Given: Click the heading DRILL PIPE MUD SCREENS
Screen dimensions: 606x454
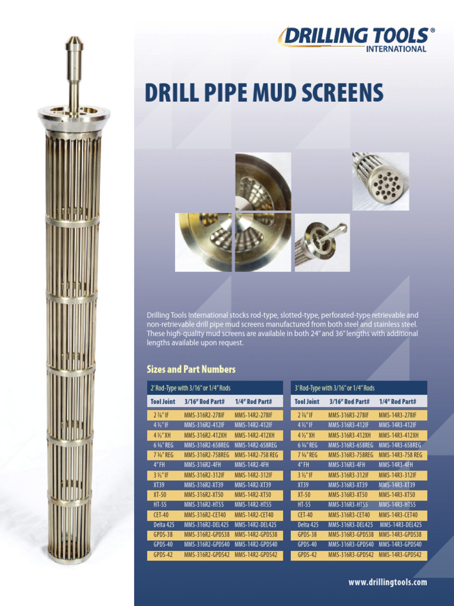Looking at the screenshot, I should pyautogui.click(x=264, y=93).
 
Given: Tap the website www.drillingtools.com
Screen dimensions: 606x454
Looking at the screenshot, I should pyautogui.click(x=388, y=582).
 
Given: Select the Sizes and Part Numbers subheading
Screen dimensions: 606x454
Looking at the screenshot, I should pyautogui.click(x=191, y=369).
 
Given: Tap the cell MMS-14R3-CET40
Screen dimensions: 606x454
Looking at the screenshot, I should pyautogui.click(x=400, y=515).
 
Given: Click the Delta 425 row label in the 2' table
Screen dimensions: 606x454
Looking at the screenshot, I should pyautogui.click(x=164, y=525).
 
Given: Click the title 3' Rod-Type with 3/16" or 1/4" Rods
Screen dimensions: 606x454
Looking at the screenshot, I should pyautogui.click(x=335, y=388).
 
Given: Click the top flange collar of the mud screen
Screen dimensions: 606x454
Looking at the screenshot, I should pyautogui.click(x=73, y=115).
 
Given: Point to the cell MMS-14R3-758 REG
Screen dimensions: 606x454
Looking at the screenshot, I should pyautogui.click(x=401, y=455).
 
